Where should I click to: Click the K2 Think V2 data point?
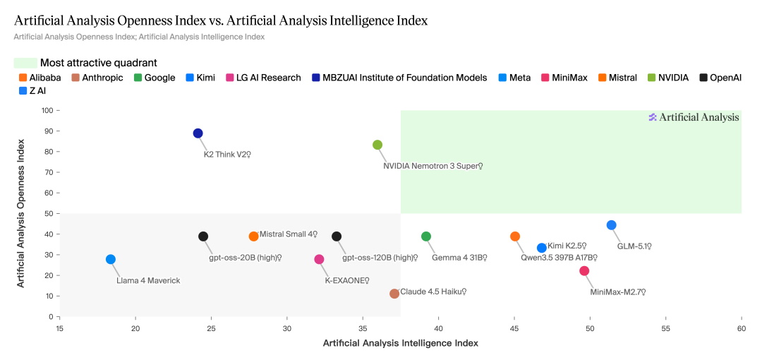198,133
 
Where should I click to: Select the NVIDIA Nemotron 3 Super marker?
377,145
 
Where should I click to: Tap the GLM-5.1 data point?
612,225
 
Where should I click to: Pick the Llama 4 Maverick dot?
111,260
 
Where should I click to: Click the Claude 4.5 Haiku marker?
394,294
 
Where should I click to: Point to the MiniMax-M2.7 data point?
584,271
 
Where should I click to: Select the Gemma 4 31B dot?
426,236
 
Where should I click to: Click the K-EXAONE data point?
320,260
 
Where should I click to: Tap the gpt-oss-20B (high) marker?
203,236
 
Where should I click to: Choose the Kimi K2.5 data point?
542,248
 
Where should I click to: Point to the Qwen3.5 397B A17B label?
559,258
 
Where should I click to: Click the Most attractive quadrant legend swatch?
25,63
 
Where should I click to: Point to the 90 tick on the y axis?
49,131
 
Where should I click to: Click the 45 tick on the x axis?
514,329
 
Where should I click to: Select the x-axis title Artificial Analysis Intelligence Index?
400,343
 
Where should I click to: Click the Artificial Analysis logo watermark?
694,117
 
